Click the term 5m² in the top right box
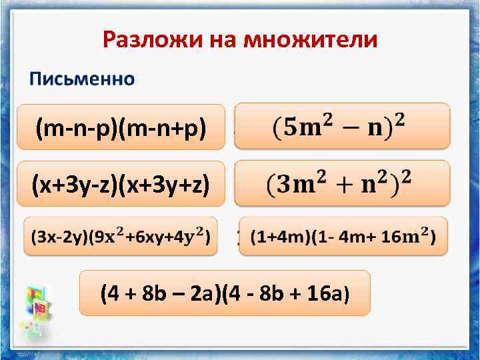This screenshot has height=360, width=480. point(305,125)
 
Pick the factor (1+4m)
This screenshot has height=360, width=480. point(273,237)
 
